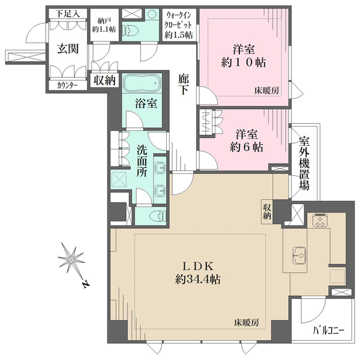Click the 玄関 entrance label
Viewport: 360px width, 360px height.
point(68,49)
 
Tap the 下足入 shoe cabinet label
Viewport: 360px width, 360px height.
point(68,14)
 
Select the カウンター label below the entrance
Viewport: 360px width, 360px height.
point(67,86)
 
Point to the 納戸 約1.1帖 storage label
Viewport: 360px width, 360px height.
point(104,25)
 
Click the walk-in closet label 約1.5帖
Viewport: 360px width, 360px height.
point(179,25)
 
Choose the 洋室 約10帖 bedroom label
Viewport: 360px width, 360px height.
point(244,56)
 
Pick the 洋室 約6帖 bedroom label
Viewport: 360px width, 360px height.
point(247,141)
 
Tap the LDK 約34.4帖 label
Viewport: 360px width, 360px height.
point(198,273)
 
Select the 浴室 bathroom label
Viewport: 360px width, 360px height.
point(146,104)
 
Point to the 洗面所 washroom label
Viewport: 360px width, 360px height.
point(142,161)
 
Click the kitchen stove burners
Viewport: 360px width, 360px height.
point(319,220)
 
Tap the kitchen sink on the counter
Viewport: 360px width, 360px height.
point(299,255)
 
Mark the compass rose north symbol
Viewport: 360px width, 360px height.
point(71,259)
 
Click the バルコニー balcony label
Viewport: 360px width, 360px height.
point(329,331)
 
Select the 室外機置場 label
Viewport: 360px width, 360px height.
point(304,163)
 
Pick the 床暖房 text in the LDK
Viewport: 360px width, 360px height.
point(247,323)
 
